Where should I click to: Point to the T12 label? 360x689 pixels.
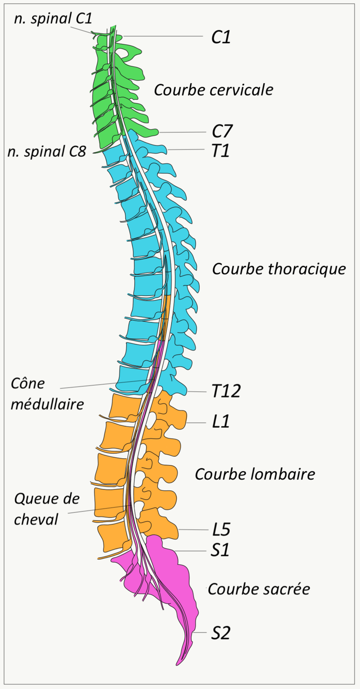(x=226, y=391)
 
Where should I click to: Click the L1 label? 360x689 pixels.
(x=221, y=423)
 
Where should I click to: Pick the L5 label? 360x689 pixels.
(x=221, y=530)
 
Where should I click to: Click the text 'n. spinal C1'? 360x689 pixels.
(x=53, y=19)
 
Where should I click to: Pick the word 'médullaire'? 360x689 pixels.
(x=47, y=403)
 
